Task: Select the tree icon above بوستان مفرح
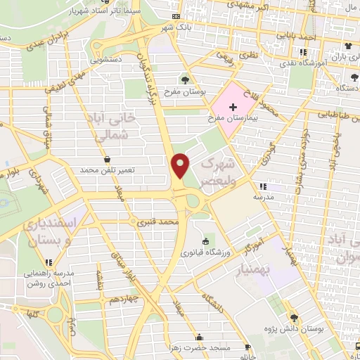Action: coord(185,80)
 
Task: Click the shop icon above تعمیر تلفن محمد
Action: coord(106,159)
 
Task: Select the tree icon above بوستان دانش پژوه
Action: coord(303,318)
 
